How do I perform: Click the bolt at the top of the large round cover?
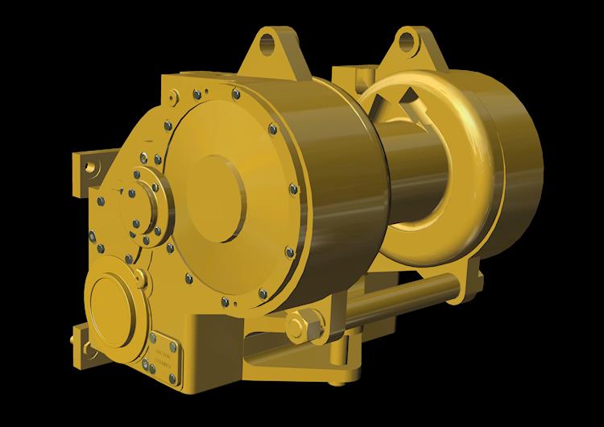[235, 95]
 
